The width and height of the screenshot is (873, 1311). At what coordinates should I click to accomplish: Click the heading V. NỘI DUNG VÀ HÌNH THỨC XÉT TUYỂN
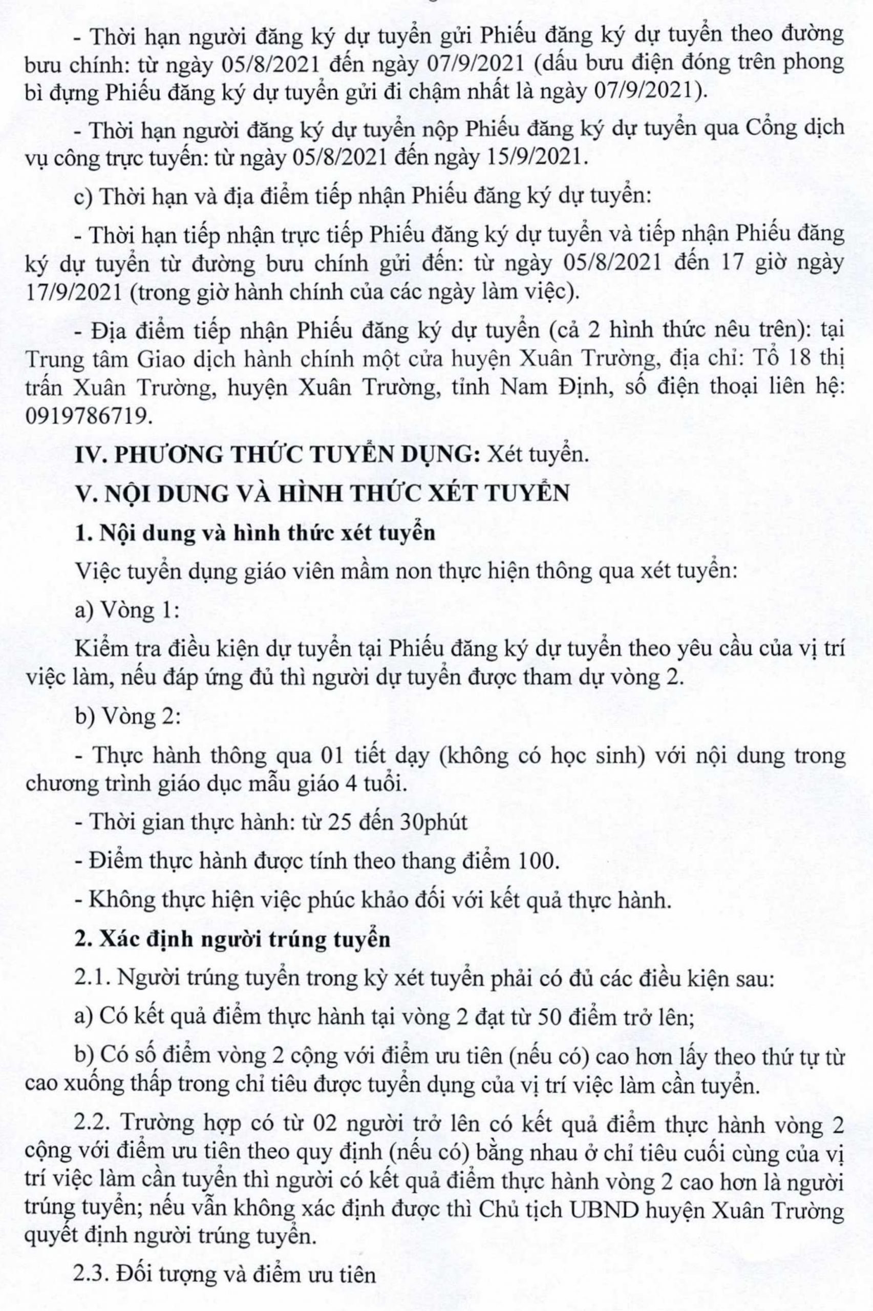[x=323, y=493]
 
